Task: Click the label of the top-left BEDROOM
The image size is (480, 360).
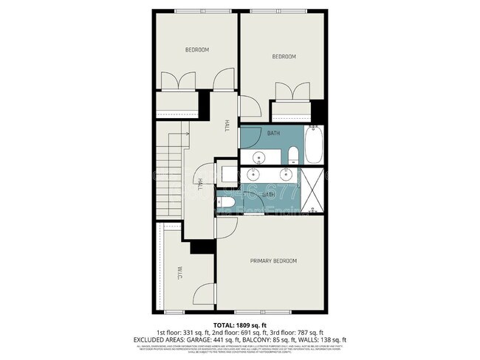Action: pos(196,49)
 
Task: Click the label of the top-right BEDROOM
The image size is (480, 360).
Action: pos(284,57)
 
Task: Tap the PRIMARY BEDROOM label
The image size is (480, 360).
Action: pos(273,261)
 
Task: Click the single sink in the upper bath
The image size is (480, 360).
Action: pos(260,156)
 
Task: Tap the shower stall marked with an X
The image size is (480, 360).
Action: pos(315,191)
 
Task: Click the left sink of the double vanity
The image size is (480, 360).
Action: pos(253,175)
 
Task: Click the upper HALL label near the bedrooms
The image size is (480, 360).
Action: pos(225,127)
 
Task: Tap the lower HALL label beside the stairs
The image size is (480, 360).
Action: pos(200,182)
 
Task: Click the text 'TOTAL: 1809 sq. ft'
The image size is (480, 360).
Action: pos(240,325)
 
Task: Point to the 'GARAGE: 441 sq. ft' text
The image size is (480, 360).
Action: pos(219,339)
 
